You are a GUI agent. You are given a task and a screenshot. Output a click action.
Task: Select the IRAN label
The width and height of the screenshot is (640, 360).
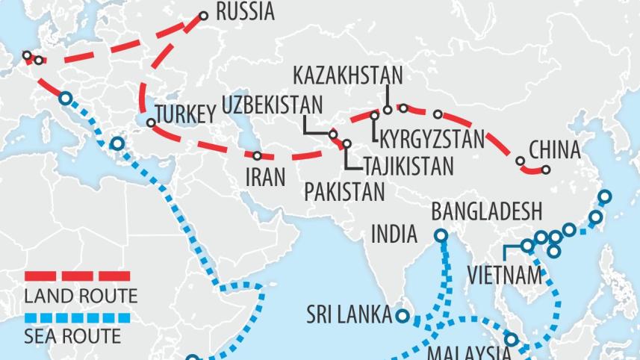point(265,177)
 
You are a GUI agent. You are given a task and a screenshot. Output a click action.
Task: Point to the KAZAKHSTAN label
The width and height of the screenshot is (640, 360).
point(347,75)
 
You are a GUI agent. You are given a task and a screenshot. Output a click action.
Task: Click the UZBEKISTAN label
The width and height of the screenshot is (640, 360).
point(273,105)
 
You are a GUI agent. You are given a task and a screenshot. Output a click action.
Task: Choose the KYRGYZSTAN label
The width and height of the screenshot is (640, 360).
point(432,139)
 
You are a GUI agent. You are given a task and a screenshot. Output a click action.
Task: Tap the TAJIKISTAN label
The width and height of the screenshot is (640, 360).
point(409,165)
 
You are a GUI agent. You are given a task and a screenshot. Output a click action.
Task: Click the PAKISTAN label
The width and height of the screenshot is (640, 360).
point(344,192)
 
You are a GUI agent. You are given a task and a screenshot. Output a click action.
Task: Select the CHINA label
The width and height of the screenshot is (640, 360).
point(554,150)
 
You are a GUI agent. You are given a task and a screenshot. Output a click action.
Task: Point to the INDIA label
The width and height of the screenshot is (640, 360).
point(394,235)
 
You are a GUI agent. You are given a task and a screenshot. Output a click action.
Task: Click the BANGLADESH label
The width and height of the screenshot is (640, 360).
point(486,211)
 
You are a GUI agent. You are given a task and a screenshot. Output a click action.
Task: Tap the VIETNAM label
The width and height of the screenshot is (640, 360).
point(505,274)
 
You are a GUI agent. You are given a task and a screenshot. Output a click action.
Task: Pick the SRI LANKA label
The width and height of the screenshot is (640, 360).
point(349,314)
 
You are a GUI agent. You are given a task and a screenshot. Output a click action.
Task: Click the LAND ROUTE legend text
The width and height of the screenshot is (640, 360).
point(81,296)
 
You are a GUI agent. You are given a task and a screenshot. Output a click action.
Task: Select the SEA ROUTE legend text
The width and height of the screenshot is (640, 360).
point(72,336)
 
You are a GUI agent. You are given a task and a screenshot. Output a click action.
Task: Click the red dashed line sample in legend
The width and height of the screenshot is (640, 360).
point(78,276)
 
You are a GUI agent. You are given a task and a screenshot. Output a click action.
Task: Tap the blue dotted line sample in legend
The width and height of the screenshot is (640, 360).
point(78,318)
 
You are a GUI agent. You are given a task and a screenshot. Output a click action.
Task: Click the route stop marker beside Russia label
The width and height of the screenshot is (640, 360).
point(205,15)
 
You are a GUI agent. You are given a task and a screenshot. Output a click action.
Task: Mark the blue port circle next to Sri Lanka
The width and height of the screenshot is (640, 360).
point(403,316)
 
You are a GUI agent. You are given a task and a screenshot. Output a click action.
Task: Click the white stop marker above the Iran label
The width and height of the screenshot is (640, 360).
point(257,156)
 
